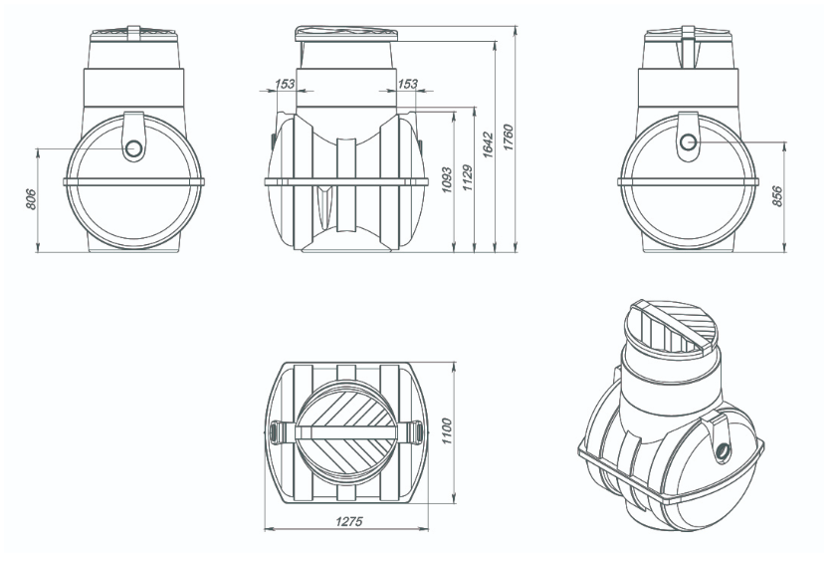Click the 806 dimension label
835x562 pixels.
31,199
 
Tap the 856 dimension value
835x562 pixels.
777,196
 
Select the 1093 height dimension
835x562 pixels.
446,180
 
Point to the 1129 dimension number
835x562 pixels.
467,178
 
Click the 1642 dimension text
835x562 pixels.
488,145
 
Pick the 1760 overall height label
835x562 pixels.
509,138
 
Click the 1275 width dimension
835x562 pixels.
348,521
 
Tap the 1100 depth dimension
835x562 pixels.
446,431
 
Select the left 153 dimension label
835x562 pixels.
285,84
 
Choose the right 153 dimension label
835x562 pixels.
408,84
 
